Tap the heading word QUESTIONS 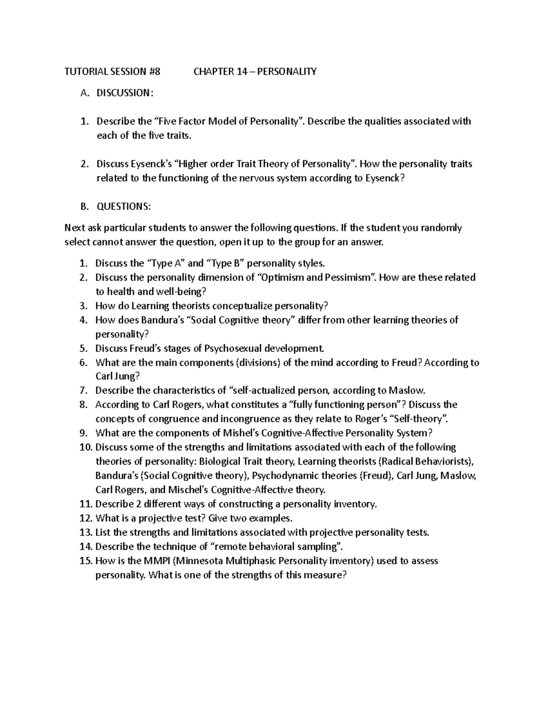tap(122, 206)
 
